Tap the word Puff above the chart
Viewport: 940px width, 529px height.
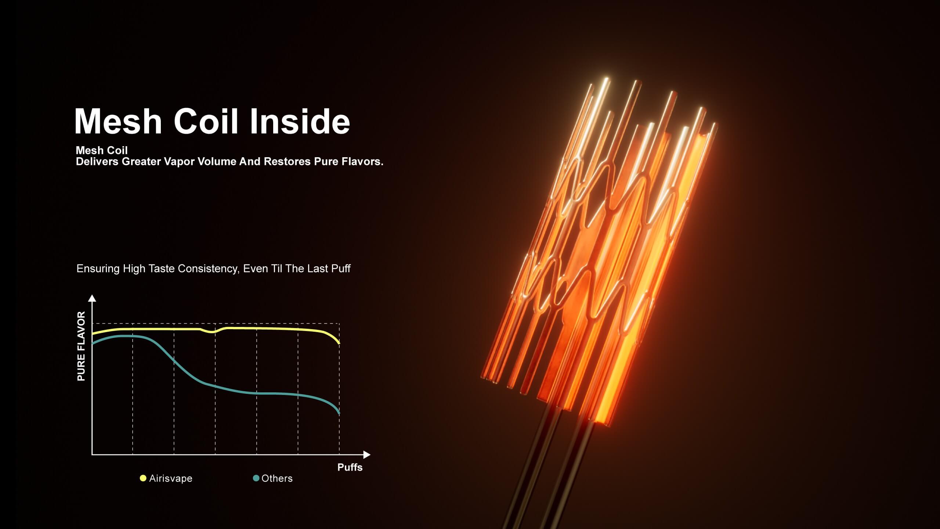point(341,269)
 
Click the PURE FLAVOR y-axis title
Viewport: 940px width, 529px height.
point(81,346)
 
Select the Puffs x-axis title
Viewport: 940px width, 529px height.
point(350,467)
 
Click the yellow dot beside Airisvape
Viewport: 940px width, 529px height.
point(143,478)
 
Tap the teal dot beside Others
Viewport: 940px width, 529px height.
point(256,478)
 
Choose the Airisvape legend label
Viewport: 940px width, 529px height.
point(171,478)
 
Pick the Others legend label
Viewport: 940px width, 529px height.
point(277,478)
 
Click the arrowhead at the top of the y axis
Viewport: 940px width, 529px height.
point(92,298)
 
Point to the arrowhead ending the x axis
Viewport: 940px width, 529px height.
point(367,455)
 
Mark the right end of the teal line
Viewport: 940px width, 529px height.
point(339,414)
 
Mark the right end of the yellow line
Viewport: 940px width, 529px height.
point(339,343)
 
